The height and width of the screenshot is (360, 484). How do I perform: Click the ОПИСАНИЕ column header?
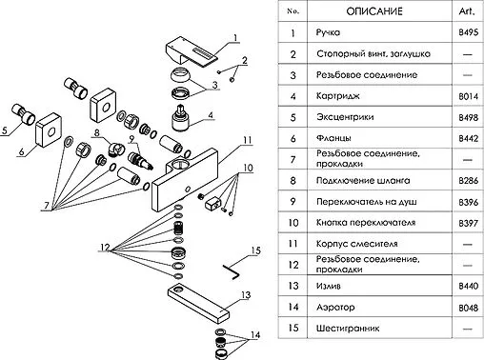point(374,11)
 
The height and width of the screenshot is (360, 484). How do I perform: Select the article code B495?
point(468,32)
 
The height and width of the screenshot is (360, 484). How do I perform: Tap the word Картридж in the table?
point(338,96)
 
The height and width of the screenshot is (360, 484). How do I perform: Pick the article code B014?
point(468,96)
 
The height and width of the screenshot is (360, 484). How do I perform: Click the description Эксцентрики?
point(345,117)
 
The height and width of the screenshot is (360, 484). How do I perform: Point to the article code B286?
point(468,181)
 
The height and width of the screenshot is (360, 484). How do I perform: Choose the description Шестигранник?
point(348,329)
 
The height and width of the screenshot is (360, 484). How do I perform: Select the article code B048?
point(468,308)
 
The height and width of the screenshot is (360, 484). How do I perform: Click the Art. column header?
point(467,11)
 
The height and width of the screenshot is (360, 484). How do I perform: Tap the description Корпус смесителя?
point(356,244)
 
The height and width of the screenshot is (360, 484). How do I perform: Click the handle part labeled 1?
point(191,52)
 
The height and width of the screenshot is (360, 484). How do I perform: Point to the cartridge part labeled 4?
point(181,117)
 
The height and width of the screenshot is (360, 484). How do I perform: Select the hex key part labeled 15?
point(232,272)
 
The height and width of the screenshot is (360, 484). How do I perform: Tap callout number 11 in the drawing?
point(248,140)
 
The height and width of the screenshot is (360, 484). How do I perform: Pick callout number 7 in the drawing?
point(47,206)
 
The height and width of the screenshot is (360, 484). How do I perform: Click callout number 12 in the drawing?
point(105,248)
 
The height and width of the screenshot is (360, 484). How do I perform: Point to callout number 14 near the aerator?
point(255,334)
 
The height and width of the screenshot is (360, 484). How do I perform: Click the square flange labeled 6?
point(49,130)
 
